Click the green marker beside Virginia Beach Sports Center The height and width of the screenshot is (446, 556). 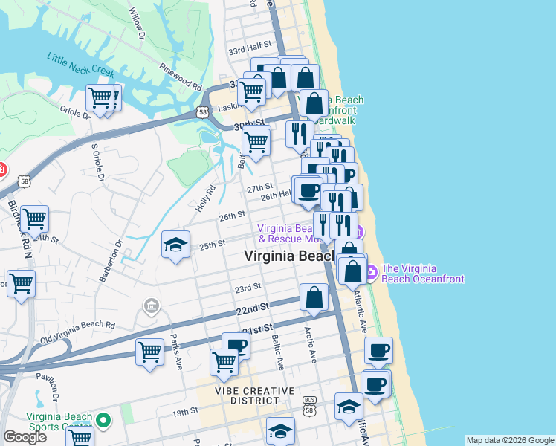pyautogui.click(x=105, y=421)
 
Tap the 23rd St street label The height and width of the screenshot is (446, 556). pyautogui.click(x=248, y=287)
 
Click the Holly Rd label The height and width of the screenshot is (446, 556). pyautogui.click(x=205, y=198)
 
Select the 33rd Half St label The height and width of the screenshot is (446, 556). pyautogui.click(x=247, y=51)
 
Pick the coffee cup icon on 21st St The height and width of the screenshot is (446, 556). pyautogui.click(x=236, y=345)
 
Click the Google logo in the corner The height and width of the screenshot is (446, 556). pyautogui.click(x=25, y=437)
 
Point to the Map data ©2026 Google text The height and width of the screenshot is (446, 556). pyautogui.click(x=509, y=439)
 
